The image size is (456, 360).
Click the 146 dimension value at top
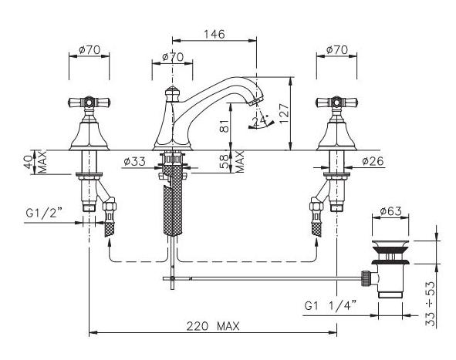(214, 34)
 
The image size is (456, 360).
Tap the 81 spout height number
(225, 126)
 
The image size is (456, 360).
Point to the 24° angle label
(260, 121)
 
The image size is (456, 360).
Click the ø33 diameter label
(135, 161)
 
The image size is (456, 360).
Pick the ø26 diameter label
(373, 160)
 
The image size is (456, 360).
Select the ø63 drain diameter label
(390, 211)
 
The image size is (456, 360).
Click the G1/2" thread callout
(45, 214)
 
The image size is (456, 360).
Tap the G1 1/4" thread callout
(330, 306)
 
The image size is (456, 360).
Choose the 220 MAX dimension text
(213, 326)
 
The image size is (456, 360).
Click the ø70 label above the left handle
(90, 50)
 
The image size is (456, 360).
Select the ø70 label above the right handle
(336, 50)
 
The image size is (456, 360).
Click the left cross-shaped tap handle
(89, 103)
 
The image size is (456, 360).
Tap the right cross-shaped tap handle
(336, 103)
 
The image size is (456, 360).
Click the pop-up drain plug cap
(390, 244)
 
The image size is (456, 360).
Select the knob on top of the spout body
(173, 93)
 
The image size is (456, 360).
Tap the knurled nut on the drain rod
(365, 278)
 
